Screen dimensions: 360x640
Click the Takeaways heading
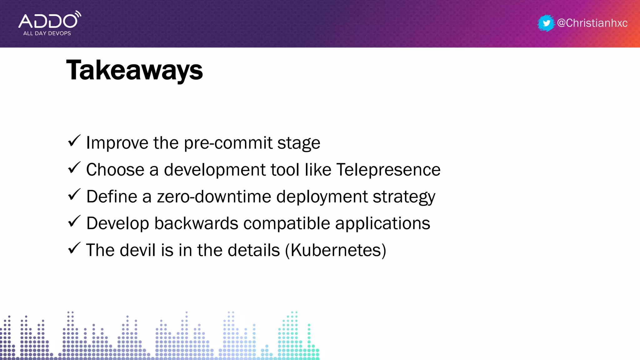pyautogui.click(x=134, y=71)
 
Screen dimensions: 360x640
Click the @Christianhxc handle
pyautogui.click(x=592, y=23)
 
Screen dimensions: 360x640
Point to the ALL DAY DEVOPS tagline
pyautogui.click(x=47, y=33)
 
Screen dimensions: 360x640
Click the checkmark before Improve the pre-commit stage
pyautogui.click(x=74, y=141)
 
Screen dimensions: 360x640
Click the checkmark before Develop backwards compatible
pyautogui.click(x=74, y=222)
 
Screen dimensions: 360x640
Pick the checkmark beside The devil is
pyautogui.click(x=74, y=248)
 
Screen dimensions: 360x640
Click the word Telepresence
pyautogui.click(x=388, y=170)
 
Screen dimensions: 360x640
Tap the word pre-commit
pyautogui.click(x=228, y=143)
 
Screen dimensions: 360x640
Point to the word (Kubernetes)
pyautogui.click(x=336, y=250)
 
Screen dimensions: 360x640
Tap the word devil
pyautogui.click(x=137, y=250)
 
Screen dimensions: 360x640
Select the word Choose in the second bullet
pyautogui.click(x=115, y=170)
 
